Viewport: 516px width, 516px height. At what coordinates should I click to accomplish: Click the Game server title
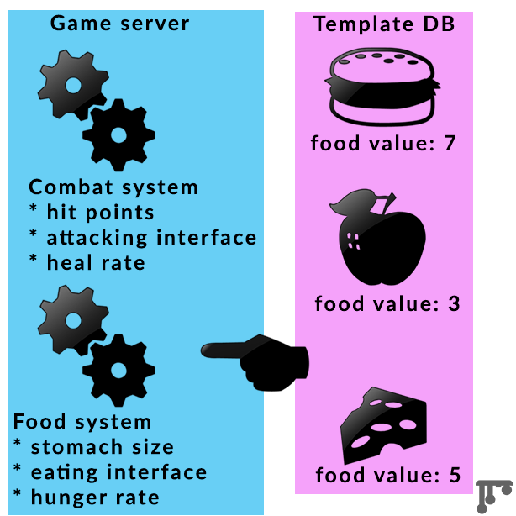coord(120,23)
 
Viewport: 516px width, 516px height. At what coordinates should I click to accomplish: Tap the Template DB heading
coord(384,24)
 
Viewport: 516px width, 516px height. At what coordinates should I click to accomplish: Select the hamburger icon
coord(383,87)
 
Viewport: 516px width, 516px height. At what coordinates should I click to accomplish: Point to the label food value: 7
coord(383,143)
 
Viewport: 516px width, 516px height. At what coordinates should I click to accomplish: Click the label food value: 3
coord(387,303)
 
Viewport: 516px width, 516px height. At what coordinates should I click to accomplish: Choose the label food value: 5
coord(388,476)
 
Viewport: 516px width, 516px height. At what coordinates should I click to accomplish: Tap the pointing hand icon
coord(261,359)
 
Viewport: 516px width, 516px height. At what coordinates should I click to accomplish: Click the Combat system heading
coord(113,187)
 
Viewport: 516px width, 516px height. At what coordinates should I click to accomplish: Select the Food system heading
coord(82,421)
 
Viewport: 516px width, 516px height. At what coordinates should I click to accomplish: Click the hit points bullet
coord(92,213)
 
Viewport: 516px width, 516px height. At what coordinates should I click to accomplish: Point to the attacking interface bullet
coord(142,238)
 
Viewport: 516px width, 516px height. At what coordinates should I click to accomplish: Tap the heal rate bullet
coord(87,263)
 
